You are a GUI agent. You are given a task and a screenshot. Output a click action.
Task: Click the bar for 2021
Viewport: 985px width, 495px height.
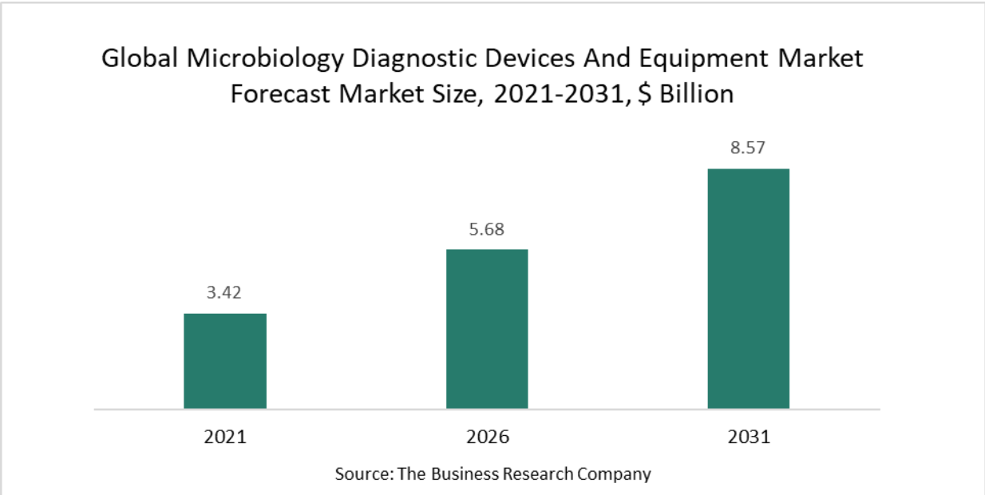coord(225,361)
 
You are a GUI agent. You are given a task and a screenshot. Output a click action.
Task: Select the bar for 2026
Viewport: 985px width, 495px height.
coord(487,329)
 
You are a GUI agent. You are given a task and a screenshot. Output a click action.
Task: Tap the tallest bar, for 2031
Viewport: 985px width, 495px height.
coord(748,289)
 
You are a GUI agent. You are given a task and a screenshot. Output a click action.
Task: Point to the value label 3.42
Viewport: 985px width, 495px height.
coord(224,292)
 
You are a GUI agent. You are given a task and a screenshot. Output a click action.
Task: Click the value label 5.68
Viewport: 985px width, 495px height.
coord(487,229)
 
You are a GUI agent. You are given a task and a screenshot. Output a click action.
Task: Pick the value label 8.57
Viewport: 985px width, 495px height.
coord(748,148)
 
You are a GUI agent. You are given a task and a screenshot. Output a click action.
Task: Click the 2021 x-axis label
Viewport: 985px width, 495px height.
coord(225,437)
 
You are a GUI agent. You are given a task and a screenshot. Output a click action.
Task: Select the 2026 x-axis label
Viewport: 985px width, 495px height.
coord(487,437)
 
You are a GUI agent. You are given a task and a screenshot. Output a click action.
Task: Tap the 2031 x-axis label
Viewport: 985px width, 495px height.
coord(748,437)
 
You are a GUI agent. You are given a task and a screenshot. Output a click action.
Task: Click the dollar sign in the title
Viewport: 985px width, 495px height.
coord(643,94)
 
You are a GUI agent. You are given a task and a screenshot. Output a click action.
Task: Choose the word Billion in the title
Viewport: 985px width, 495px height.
coord(694,94)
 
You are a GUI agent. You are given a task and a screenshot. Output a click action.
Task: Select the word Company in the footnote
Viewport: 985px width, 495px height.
coord(615,473)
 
